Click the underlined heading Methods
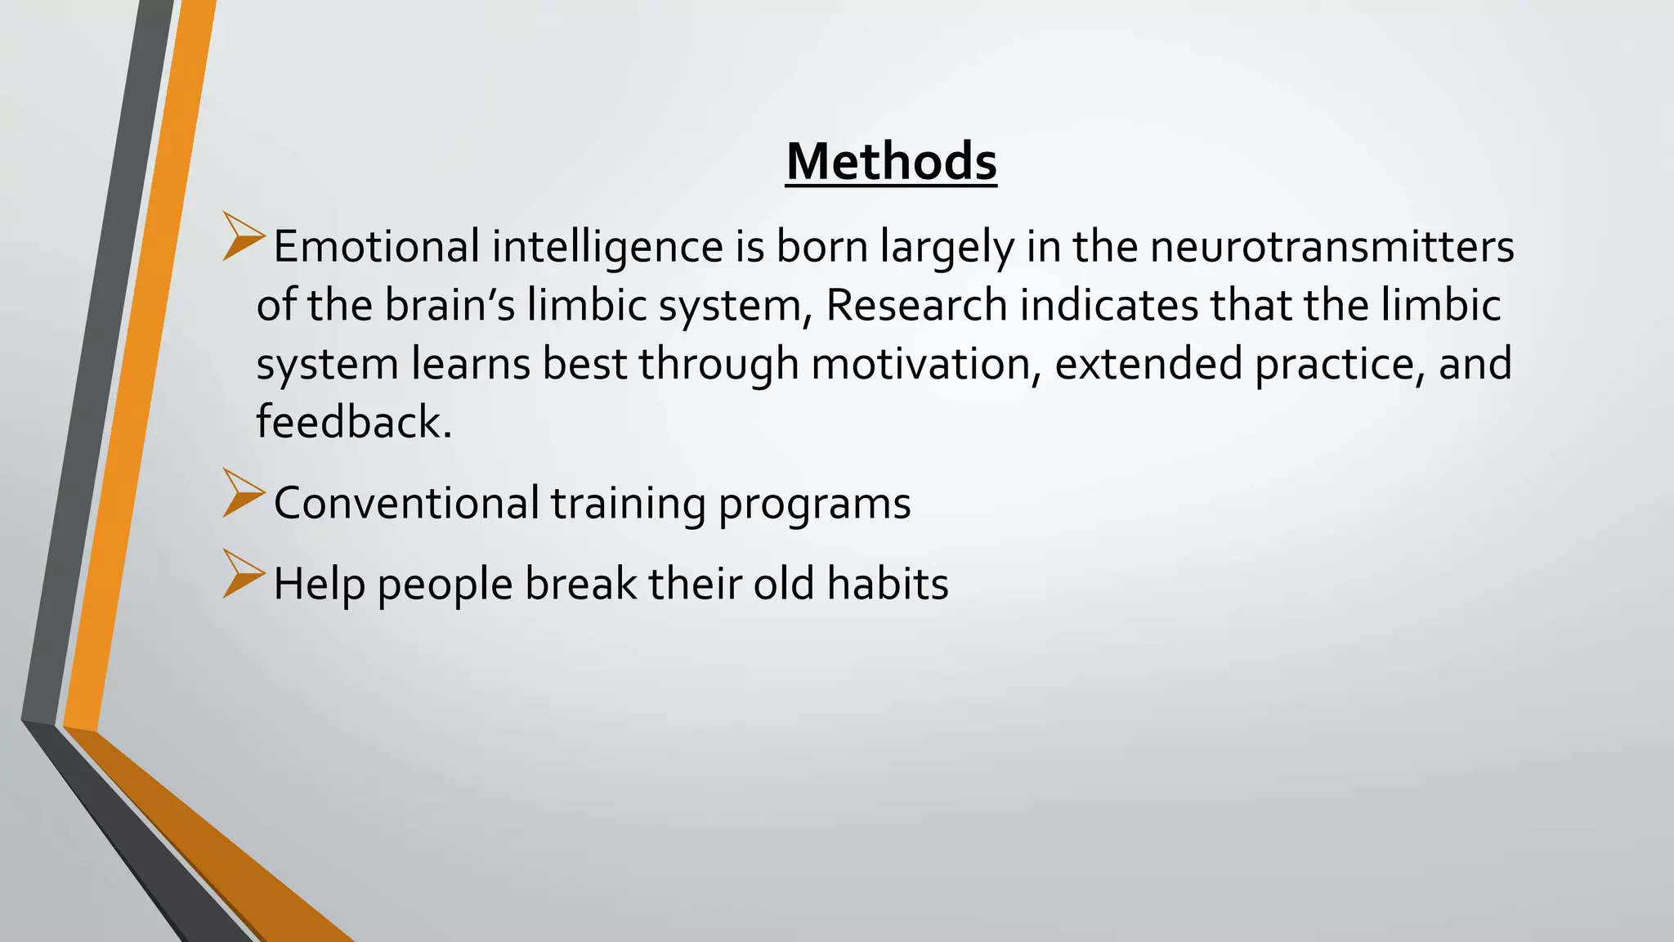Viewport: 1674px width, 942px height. tap(891, 162)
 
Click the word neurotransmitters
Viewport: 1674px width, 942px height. tap(1332, 246)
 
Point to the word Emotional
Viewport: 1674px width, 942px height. tap(376, 246)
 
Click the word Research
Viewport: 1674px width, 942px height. tap(916, 305)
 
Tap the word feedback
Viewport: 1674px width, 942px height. tap(353, 423)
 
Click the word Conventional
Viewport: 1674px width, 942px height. tap(406, 503)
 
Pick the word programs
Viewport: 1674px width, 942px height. tap(814, 503)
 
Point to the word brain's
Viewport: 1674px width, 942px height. tap(450, 305)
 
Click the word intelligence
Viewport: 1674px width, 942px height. tap(607, 246)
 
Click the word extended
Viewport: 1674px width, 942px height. tap(1148, 364)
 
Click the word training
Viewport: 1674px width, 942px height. tap(628, 503)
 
